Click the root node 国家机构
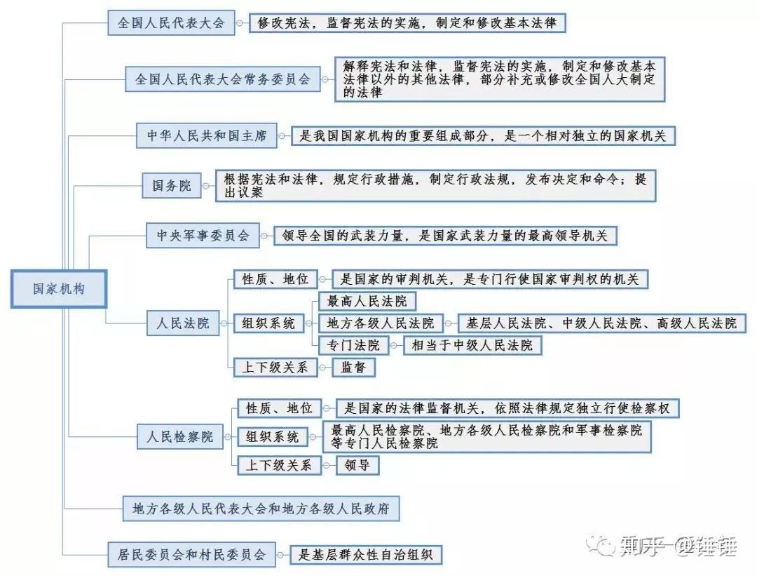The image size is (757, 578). point(58,288)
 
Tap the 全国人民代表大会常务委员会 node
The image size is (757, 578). point(222,79)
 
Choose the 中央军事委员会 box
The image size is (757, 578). point(203,236)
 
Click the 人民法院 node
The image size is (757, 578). point(182,323)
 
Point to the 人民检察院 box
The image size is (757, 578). point(180,436)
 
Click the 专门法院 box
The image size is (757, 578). point(353,345)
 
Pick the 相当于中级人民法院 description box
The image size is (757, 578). point(472,345)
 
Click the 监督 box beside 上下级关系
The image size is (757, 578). point(353,367)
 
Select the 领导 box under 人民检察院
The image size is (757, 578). point(357,465)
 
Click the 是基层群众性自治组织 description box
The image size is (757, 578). point(366,555)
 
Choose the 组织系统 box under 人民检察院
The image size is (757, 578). point(272,436)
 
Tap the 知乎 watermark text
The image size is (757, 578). point(640,545)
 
